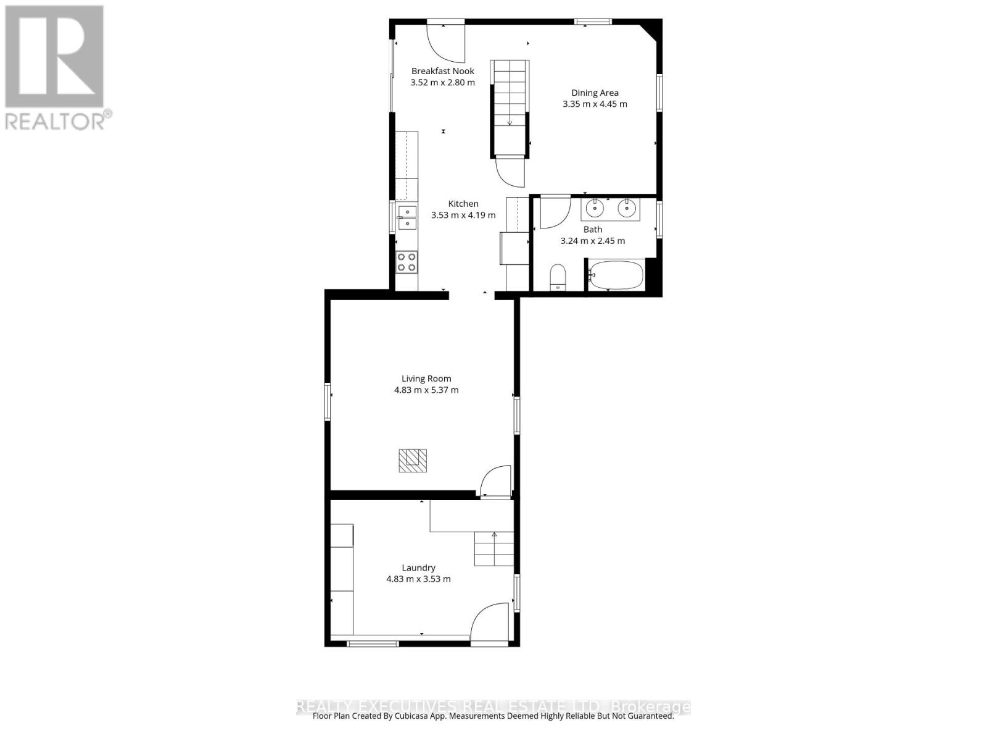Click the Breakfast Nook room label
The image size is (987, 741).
pos(443,71)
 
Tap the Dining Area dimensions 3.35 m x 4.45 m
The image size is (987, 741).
pos(595,104)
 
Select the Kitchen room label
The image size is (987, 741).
pos(463,204)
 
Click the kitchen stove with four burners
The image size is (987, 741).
pos(407,262)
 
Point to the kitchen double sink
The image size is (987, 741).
pos(407,218)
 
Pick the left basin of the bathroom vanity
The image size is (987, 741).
pos(594,209)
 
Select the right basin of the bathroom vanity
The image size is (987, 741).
pos(627,209)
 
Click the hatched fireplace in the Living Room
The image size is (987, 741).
pos(413,461)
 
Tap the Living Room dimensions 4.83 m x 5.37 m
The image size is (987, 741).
pos(426,390)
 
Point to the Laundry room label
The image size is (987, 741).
pos(419,568)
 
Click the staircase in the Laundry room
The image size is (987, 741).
pos(494,549)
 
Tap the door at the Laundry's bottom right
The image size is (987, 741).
pos(490,624)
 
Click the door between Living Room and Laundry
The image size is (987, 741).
pos(496,480)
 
